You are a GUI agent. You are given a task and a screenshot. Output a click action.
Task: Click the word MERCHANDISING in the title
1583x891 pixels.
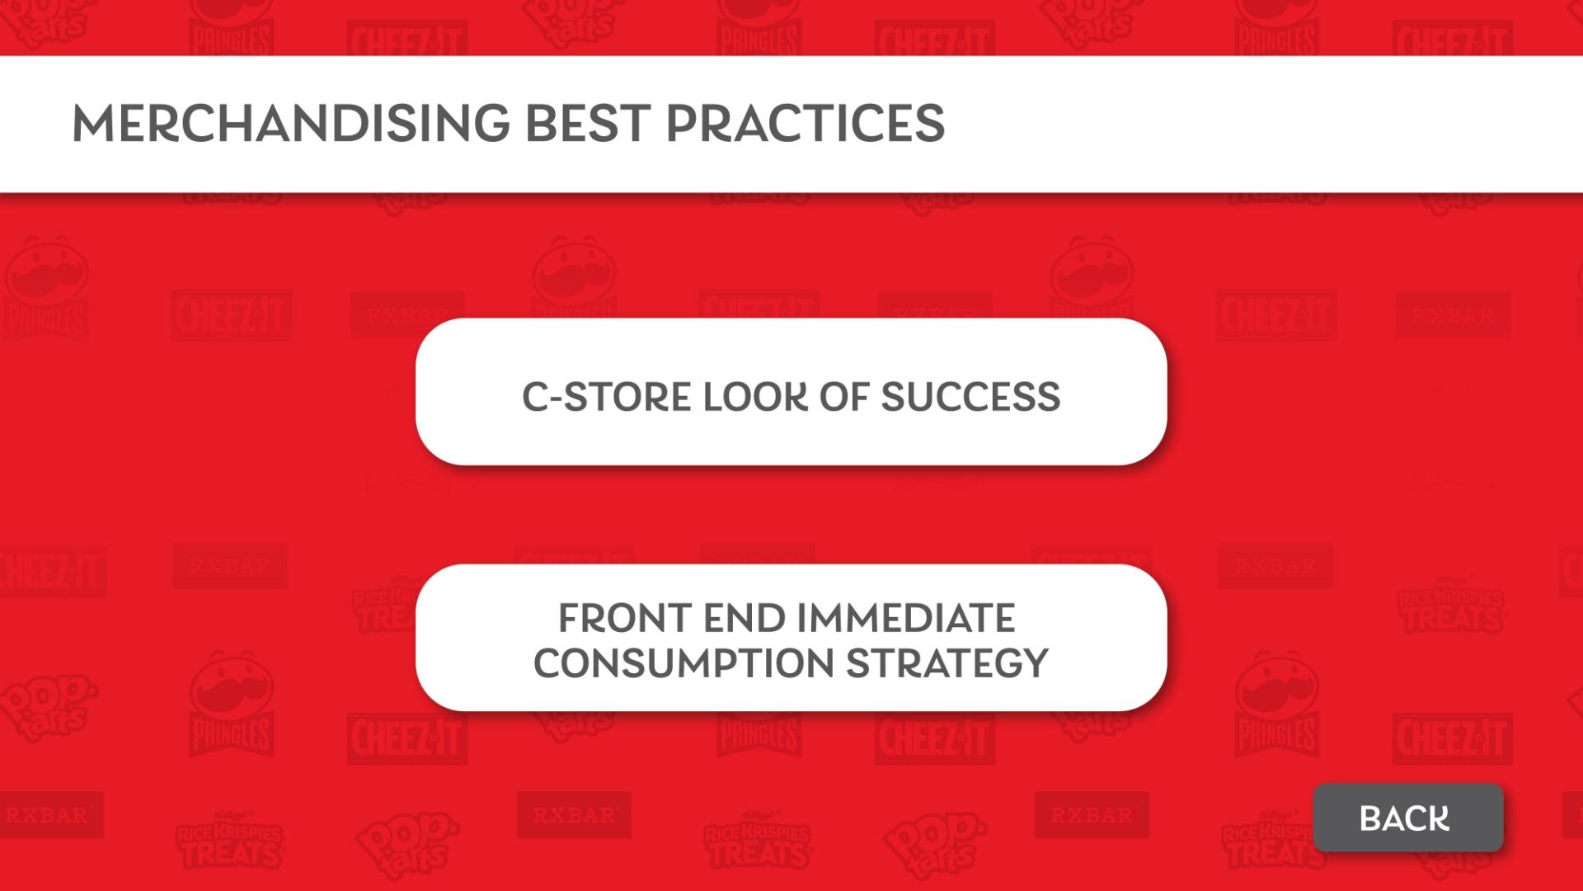tap(292, 123)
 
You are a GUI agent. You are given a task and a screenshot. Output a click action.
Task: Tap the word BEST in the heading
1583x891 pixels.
tap(588, 123)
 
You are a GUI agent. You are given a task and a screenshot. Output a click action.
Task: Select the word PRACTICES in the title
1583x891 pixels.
tap(805, 123)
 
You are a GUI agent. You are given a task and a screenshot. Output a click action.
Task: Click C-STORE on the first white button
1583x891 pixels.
tap(606, 397)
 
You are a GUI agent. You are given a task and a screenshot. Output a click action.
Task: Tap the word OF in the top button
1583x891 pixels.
tap(844, 397)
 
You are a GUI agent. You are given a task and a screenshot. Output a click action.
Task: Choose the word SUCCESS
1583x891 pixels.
tap(970, 397)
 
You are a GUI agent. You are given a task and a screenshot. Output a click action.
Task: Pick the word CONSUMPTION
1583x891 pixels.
tap(683, 663)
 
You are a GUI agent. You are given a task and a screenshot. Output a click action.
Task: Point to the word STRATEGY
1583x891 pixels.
tap(947, 663)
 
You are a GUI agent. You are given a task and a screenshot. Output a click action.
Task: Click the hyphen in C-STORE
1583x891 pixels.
tap(556, 399)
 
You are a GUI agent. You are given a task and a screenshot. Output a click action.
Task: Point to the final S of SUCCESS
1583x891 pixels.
tap(1048, 397)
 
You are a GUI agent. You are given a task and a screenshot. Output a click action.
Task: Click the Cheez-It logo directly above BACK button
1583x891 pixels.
tap(1453, 738)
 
